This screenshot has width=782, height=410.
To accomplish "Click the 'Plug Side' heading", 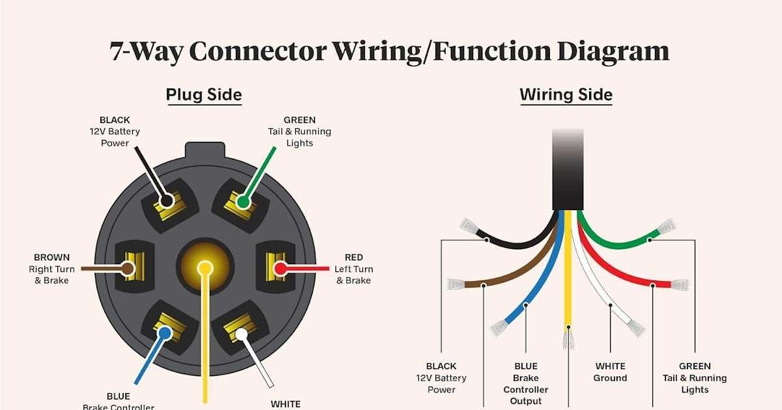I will click(204, 95).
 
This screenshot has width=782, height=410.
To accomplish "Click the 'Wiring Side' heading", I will click(566, 95).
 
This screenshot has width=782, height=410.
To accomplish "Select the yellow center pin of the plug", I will click(205, 267).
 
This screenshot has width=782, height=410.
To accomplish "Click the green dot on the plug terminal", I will click(243, 202).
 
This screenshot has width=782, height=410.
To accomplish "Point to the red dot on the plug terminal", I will click(281, 267).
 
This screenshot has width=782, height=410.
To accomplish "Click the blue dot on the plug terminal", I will click(165, 334).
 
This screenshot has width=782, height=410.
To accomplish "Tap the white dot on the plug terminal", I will click(241, 335).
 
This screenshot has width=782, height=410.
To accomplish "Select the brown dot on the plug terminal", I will click(128, 267).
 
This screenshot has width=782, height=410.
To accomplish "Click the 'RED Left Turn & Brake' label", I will click(353, 269).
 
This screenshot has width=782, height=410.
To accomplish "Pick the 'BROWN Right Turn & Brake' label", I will click(52, 269).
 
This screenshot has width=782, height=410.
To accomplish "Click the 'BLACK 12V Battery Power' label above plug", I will click(115, 131).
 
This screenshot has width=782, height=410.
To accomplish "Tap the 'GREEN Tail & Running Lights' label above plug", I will click(300, 131).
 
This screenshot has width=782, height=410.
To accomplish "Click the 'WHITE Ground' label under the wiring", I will click(611, 372).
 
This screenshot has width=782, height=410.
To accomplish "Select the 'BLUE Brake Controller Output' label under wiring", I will click(526, 384).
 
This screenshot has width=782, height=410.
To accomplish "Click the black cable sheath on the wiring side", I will click(568, 169).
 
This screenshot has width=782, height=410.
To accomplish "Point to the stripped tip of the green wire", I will click(665, 228).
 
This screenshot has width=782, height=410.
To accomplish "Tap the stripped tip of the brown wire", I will click(456, 284).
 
